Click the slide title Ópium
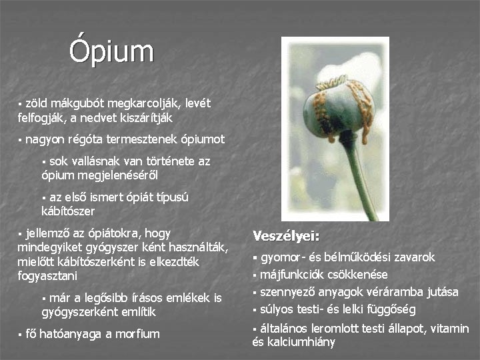111,52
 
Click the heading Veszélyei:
286,236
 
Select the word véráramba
393,292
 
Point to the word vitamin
450,329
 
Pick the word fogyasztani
47,275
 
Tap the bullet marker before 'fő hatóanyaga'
20,335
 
